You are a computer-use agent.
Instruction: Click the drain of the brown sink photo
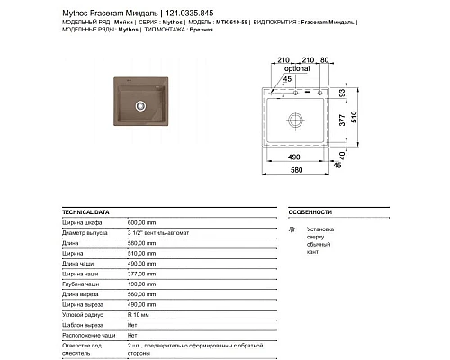139,106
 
